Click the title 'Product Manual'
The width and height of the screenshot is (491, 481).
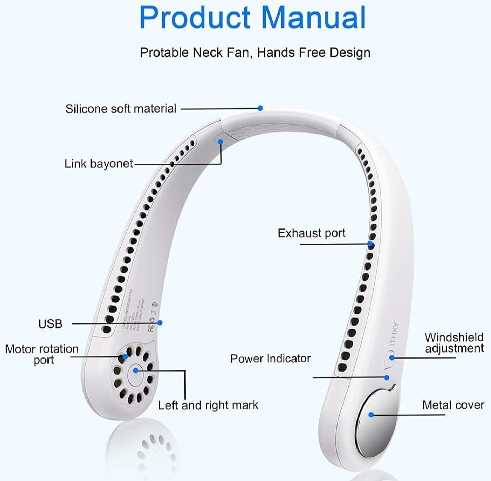pyautogui.click(x=253, y=18)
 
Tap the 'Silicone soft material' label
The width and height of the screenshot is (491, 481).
pyautogui.click(x=121, y=109)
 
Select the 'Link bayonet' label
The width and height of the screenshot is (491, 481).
pyautogui.click(x=99, y=164)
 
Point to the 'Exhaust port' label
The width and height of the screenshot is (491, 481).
pyautogui.click(x=312, y=233)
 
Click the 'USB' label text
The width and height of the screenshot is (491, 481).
pyautogui.click(x=50, y=324)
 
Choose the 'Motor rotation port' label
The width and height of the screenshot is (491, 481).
pyautogui.click(x=42, y=354)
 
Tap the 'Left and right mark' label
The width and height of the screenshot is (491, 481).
pyautogui.click(x=208, y=405)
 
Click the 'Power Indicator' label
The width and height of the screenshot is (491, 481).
pyautogui.click(x=270, y=358)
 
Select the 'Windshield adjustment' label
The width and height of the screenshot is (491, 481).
pyautogui.click(x=454, y=343)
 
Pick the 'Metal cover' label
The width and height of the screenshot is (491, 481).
pyautogui.click(x=453, y=405)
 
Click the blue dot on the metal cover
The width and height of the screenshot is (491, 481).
pyautogui.click(x=371, y=415)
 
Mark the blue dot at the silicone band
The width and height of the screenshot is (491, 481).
pyautogui.click(x=260, y=108)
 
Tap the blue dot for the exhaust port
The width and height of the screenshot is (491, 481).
pyautogui.click(x=371, y=244)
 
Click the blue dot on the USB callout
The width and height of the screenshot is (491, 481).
pyautogui.click(x=160, y=322)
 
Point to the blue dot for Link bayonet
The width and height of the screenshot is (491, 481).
pyautogui.click(x=221, y=141)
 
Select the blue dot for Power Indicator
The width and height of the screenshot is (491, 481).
pyautogui.click(x=387, y=377)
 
